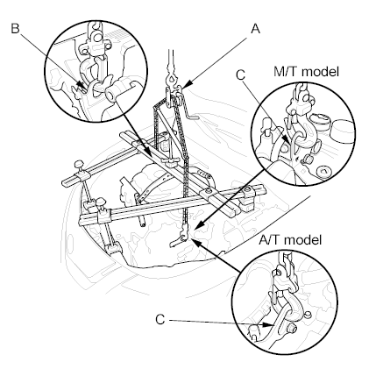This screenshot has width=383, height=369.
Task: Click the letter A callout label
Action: (255, 29)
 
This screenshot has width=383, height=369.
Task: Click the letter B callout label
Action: (15, 29)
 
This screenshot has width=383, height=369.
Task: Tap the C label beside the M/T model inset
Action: (240, 75)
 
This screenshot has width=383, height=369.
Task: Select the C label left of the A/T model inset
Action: (160, 320)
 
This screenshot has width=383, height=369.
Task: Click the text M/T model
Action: (306, 72)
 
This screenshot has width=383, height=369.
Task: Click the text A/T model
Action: (290, 240)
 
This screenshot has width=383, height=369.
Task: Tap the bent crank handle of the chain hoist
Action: (190, 111)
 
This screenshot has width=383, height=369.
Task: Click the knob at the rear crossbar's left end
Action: (80, 165)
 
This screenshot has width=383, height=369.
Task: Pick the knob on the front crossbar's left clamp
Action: (101, 202)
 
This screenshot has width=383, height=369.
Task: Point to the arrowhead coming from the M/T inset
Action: (199, 225)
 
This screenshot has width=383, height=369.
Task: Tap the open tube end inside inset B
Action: (110, 95)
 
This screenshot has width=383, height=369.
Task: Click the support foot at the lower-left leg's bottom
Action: (112, 248)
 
